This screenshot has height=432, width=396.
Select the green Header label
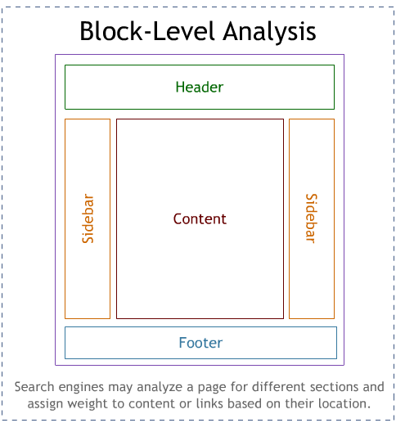(x=199, y=87)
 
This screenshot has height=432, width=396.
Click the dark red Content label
(x=200, y=219)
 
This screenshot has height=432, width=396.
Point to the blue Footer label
(x=200, y=343)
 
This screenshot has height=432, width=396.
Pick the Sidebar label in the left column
(x=88, y=219)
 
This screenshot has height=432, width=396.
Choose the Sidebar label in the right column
(x=311, y=218)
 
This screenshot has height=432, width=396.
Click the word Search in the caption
(x=34, y=386)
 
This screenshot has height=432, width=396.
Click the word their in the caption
(x=299, y=403)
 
